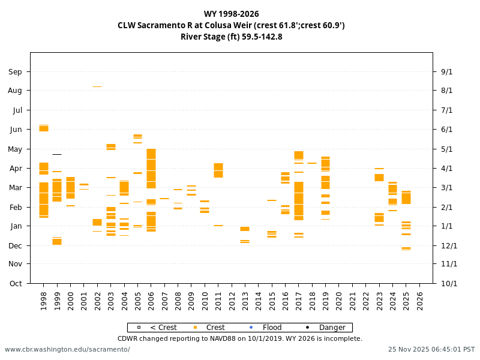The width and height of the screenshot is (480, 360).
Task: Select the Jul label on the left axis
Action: (x=17, y=110)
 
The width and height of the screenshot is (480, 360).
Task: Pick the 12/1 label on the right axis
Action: (x=449, y=245)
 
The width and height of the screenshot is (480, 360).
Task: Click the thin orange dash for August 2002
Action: (x=97, y=86)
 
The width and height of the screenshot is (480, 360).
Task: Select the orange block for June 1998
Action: (x=44, y=128)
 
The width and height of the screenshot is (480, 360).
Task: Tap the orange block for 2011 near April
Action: (x=218, y=170)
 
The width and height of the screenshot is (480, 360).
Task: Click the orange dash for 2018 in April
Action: (x=312, y=163)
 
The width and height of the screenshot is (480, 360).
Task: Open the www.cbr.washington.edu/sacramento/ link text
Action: (x=67, y=349)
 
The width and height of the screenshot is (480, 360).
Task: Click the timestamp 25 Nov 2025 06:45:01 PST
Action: (x=431, y=349)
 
